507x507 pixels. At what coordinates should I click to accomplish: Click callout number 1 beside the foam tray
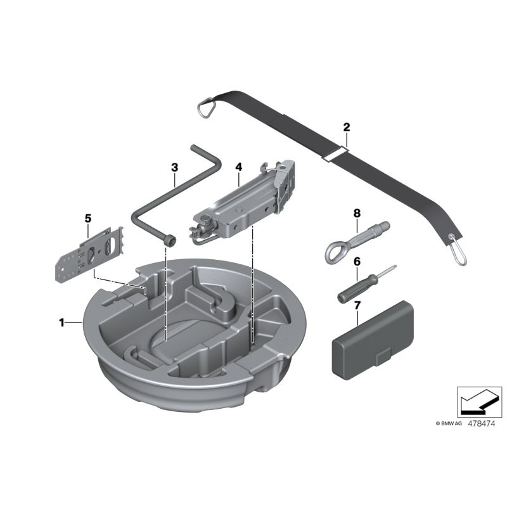(61, 323)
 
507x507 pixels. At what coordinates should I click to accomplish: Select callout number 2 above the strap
(346, 127)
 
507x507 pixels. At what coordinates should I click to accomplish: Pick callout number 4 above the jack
(238, 167)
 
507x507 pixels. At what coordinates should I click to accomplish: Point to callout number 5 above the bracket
(88, 218)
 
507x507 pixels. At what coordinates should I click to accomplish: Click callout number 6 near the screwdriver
(357, 260)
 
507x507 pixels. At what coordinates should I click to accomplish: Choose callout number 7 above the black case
(357, 305)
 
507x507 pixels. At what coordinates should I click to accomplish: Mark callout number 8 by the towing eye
(356, 213)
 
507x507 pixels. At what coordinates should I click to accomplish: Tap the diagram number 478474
(482, 423)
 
